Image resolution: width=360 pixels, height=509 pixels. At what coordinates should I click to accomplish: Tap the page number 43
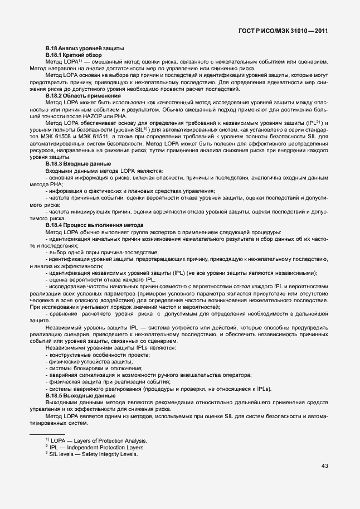pos(324,466)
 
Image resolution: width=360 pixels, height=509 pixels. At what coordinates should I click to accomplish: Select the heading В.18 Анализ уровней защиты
pos(84,49)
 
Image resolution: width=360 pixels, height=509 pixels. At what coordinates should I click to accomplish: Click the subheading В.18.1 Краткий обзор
pos(74,56)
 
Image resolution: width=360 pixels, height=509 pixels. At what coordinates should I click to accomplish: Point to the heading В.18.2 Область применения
pos(83,96)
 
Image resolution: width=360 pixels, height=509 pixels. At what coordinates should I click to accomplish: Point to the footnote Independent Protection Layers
pos(105,447)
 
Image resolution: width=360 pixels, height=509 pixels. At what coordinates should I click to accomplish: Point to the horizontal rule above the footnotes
pos(47,434)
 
